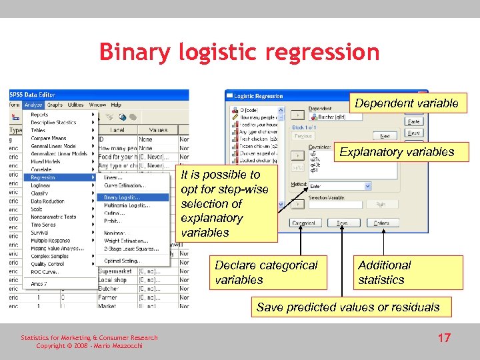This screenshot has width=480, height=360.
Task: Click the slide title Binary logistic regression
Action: coord(239,52)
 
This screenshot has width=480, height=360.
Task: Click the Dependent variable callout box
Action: coord(406,103)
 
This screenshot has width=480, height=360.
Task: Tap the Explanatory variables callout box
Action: coord(396,152)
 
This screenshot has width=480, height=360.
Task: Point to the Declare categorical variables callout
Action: coord(267,272)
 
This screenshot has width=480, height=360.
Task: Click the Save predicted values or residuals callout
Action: coord(348,307)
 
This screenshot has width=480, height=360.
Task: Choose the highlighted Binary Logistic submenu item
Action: coord(133,197)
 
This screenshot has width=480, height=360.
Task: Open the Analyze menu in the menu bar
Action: coord(33,105)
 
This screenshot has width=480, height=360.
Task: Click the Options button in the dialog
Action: coord(381,223)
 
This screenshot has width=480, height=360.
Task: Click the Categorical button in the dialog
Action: coord(303,223)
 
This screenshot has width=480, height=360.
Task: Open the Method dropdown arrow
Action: coord(367,186)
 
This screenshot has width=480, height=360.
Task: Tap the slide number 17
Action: coord(444,338)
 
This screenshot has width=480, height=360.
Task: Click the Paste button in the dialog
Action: coord(414,122)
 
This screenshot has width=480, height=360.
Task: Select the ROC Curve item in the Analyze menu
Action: coord(45,272)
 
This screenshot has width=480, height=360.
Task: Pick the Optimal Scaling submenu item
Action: coord(124,261)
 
